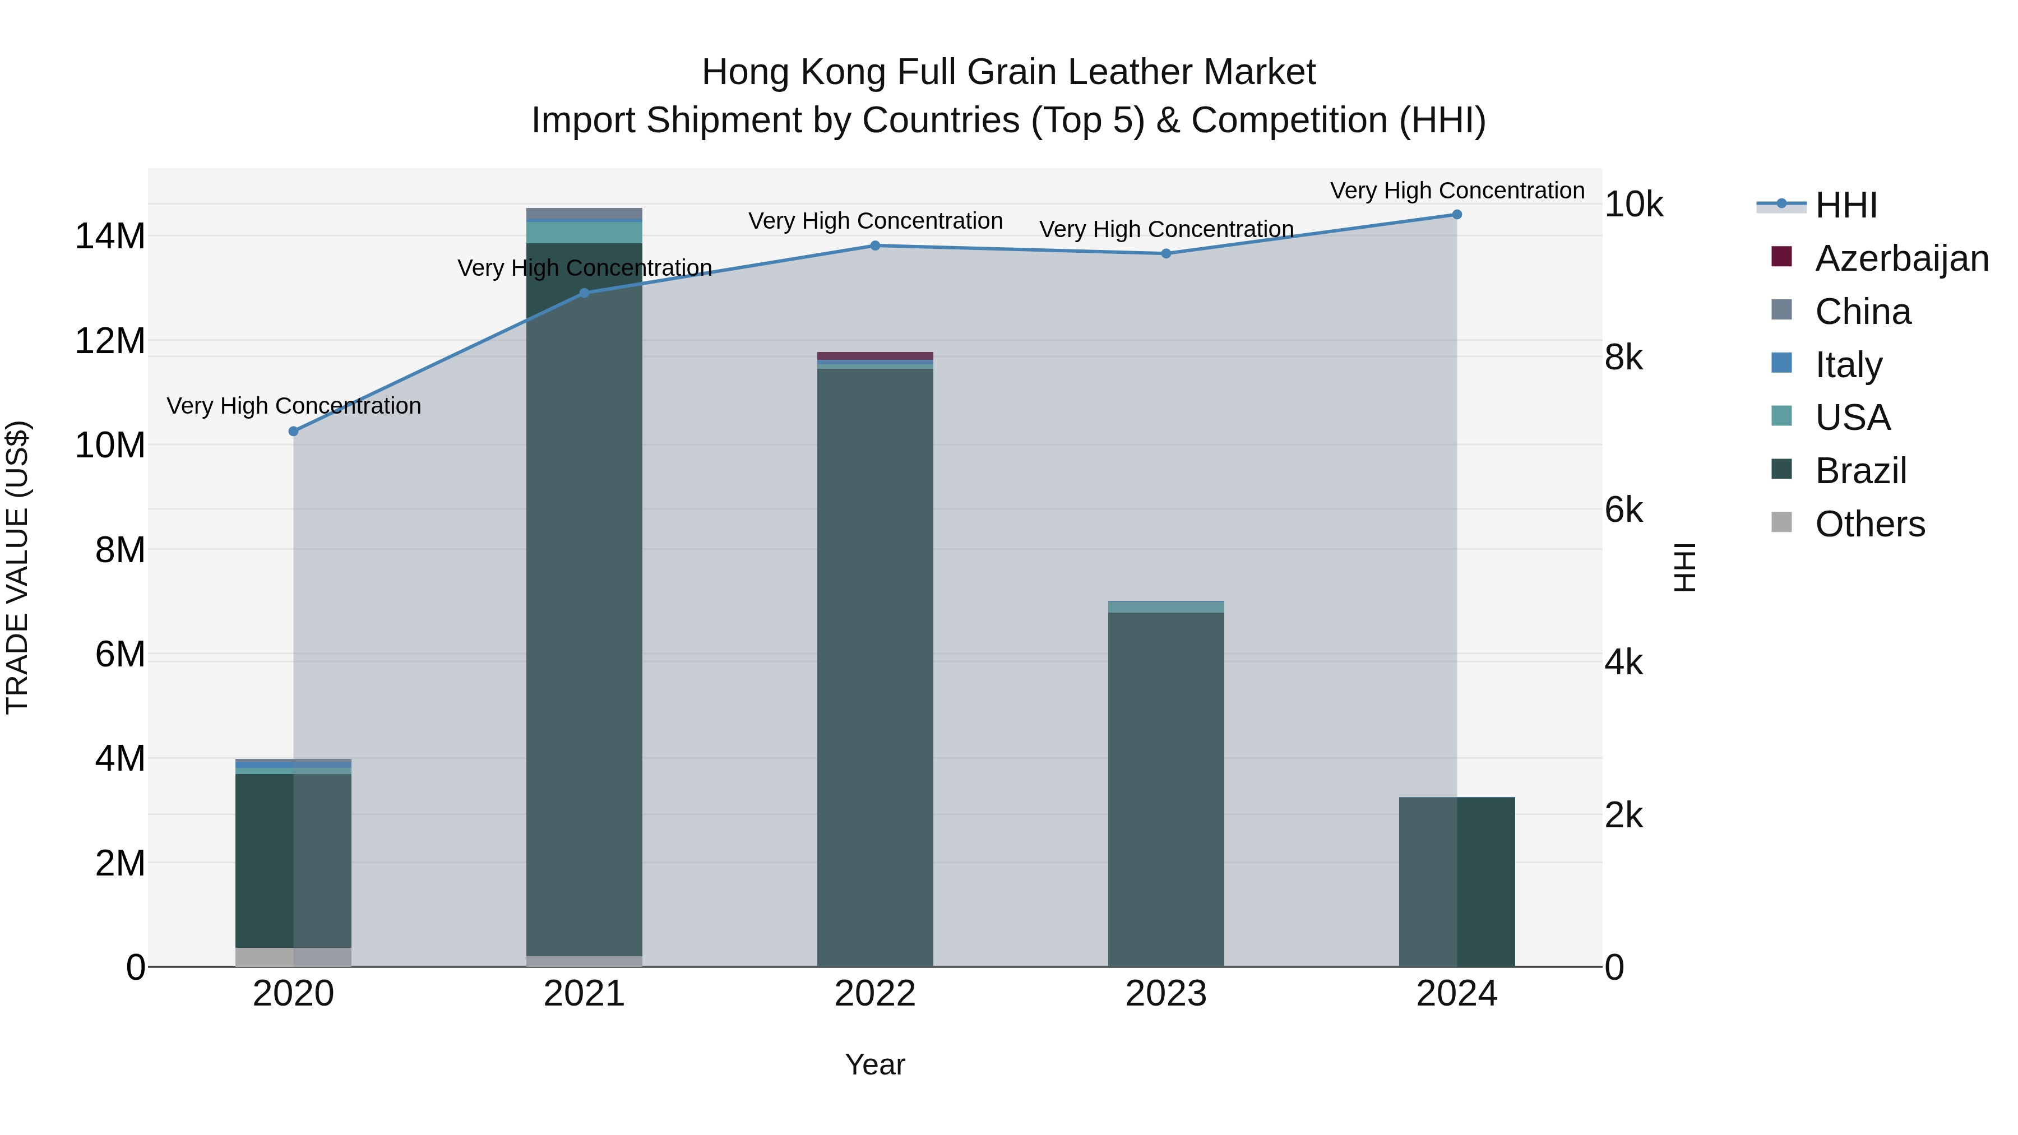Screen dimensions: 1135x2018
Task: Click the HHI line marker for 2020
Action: pos(294,432)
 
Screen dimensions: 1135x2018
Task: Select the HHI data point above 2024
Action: pos(1456,215)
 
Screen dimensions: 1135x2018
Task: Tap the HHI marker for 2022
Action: pos(875,246)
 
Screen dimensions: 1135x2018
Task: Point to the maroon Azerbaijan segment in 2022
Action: pos(875,355)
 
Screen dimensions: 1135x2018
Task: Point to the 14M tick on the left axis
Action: pos(110,237)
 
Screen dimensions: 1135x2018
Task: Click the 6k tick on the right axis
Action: pos(1623,511)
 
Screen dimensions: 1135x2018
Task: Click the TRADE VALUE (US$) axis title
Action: pos(17,567)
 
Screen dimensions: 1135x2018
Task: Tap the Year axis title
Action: pos(875,1064)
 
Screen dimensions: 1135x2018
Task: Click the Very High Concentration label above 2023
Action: pos(1166,229)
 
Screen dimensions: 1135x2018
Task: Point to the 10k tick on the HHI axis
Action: pos(1633,205)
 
